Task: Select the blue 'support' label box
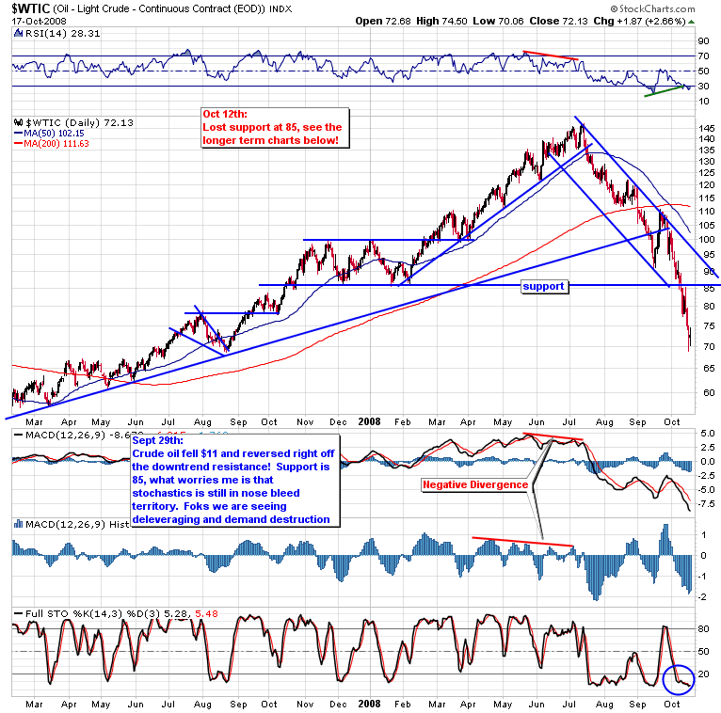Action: point(545,285)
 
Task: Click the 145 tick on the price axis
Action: point(707,127)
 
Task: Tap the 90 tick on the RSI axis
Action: point(703,41)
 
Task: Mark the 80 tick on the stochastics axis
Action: point(704,627)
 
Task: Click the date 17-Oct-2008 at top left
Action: point(34,21)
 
